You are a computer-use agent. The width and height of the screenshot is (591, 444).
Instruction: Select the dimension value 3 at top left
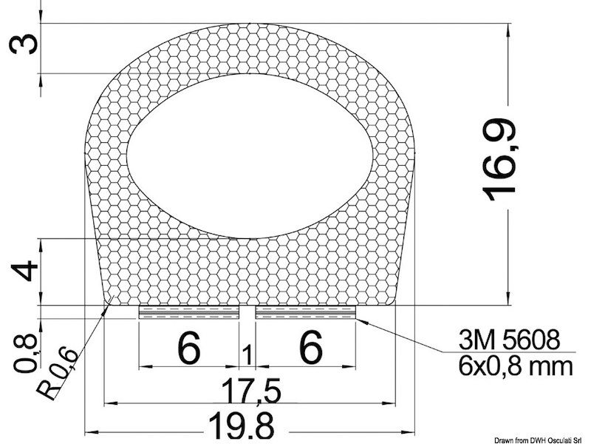tap(24, 46)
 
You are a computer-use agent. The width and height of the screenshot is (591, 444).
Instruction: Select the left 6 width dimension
tap(189, 348)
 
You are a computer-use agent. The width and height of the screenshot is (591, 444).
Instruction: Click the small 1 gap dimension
tap(247, 355)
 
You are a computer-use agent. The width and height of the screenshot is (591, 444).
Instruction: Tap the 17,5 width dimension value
tap(247, 388)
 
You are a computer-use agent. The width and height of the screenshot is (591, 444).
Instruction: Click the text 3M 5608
tap(508, 341)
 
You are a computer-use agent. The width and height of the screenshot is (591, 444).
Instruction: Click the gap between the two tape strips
tap(247, 312)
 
